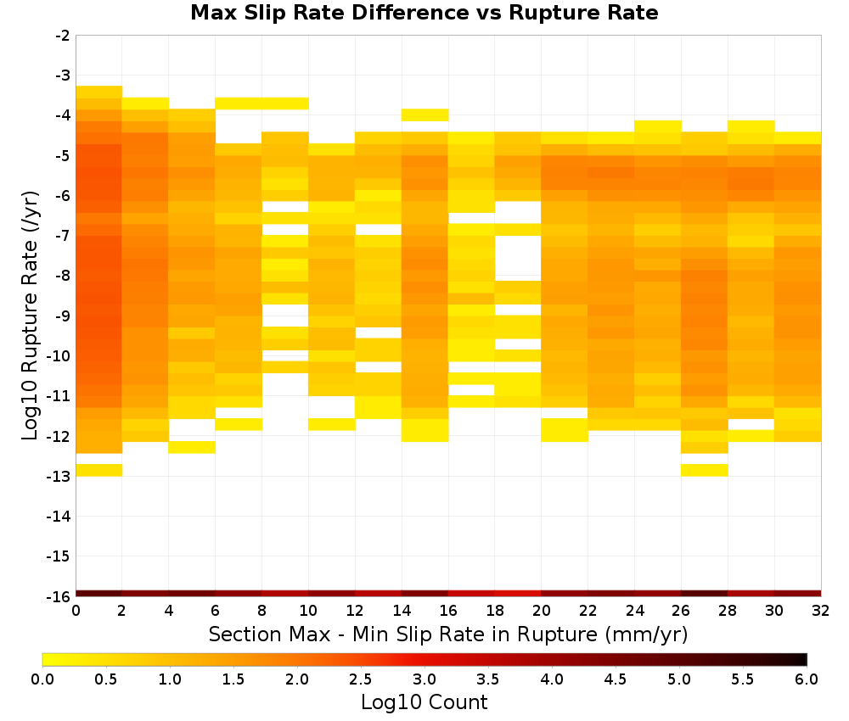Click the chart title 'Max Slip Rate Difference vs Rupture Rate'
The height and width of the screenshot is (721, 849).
[x=424, y=13]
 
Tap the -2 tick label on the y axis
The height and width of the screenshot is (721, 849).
[x=62, y=36]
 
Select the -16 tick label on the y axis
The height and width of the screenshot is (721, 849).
[x=59, y=596]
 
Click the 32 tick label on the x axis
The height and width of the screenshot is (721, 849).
[x=821, y=611]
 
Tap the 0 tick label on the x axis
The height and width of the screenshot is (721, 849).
[x=76, y=611]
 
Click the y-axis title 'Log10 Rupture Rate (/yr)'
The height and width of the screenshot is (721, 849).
[x=30, y=316]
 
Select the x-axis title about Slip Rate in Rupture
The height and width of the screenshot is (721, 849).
[x=448, y=634]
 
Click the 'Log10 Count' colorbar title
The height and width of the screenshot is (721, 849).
[x=424, y=702]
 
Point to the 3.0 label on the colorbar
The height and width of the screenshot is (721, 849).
[x=424, y=679]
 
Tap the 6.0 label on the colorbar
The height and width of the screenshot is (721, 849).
[x=807, y=679]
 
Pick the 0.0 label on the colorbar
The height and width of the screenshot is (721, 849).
[x=42, y=679]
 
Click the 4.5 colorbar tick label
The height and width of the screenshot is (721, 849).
[x=615, y=679]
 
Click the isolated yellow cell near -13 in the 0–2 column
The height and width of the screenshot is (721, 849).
[x=99, y=470]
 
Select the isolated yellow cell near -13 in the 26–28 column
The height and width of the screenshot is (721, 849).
[x=704, y=470]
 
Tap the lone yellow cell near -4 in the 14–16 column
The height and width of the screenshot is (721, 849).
[x=425, y=115]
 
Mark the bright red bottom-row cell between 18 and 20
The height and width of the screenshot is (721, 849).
[x=518, y=594]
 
